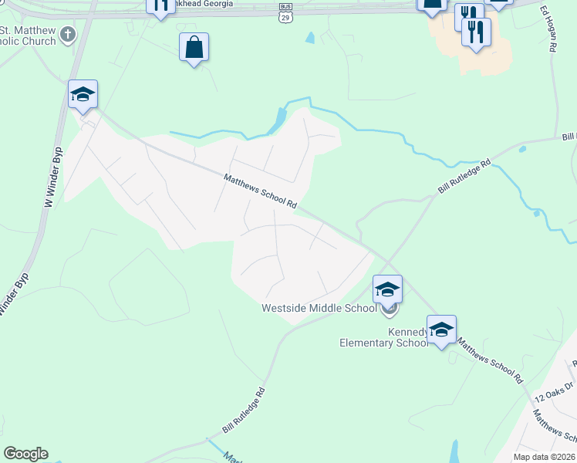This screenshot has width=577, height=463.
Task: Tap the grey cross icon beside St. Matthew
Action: (x=69, y=34)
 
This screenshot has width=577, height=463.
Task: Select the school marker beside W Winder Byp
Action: (x=83, y=95)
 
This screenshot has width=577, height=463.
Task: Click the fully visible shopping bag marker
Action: (x=194, y=47)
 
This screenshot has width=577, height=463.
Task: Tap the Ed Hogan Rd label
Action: (x=548, y=29)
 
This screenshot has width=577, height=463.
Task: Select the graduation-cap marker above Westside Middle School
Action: (x=387, y=289)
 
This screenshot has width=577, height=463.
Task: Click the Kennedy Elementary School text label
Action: (x=383, y=336)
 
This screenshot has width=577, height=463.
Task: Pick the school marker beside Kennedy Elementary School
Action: (x=441, y=330)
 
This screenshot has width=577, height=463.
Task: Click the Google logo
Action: (x=25, y=454)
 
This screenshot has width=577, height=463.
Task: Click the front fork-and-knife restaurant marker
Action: (x=476, y=32)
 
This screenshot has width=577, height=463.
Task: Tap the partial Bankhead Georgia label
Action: (x=200, y=3)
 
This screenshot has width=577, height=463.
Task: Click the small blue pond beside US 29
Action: (x=310, y=37)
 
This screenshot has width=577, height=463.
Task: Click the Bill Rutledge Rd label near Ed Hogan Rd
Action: (x=464, y=177)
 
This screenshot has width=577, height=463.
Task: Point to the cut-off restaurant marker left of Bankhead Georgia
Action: (x=160, y=6)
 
